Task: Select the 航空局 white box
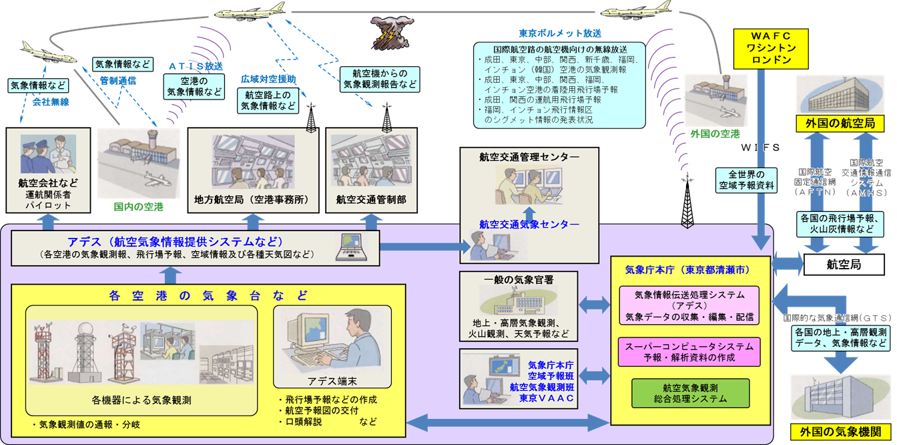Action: coord(844,265)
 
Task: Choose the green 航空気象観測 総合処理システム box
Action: coord(690,394)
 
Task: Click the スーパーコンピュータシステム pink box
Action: coord(689,351)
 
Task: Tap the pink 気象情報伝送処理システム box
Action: coord(689,305)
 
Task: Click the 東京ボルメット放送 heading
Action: coord(560,33)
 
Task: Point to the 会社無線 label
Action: coord(50,102)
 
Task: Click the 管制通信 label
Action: coord(118,80)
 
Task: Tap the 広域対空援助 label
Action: coord(268,79)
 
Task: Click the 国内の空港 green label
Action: coord(138,207)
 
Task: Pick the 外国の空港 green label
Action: coord(715,133)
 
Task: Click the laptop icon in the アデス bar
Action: coord(353,245)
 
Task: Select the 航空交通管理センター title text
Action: coord(529,157)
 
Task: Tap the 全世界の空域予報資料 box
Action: coord(747,180)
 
